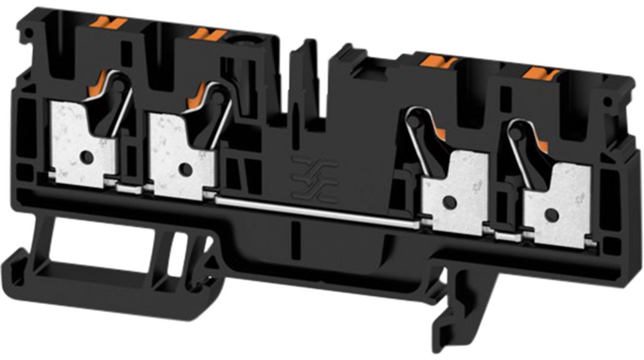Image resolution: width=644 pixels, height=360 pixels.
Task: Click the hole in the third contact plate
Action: coord(449,202)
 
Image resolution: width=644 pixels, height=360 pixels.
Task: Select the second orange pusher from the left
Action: coord(207,35)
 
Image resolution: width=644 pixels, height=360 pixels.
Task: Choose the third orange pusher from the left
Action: coord(439,61)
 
